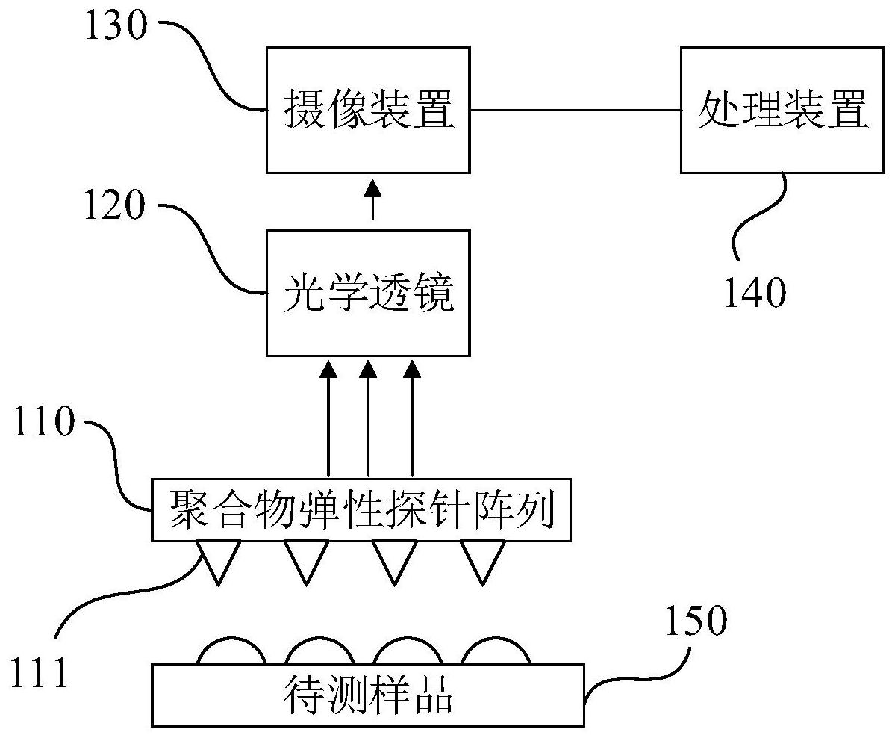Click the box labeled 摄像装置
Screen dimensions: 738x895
369,109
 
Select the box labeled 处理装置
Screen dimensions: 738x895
782,109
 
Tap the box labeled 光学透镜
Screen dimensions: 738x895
369,292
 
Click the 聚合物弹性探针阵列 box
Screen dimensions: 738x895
361,510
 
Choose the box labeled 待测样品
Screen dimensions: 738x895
368,695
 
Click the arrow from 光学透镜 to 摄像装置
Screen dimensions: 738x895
371,199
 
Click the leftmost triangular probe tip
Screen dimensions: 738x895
219,559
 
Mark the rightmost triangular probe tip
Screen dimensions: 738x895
481,559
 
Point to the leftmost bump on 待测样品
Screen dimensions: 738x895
231,651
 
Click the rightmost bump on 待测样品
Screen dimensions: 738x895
496,651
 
